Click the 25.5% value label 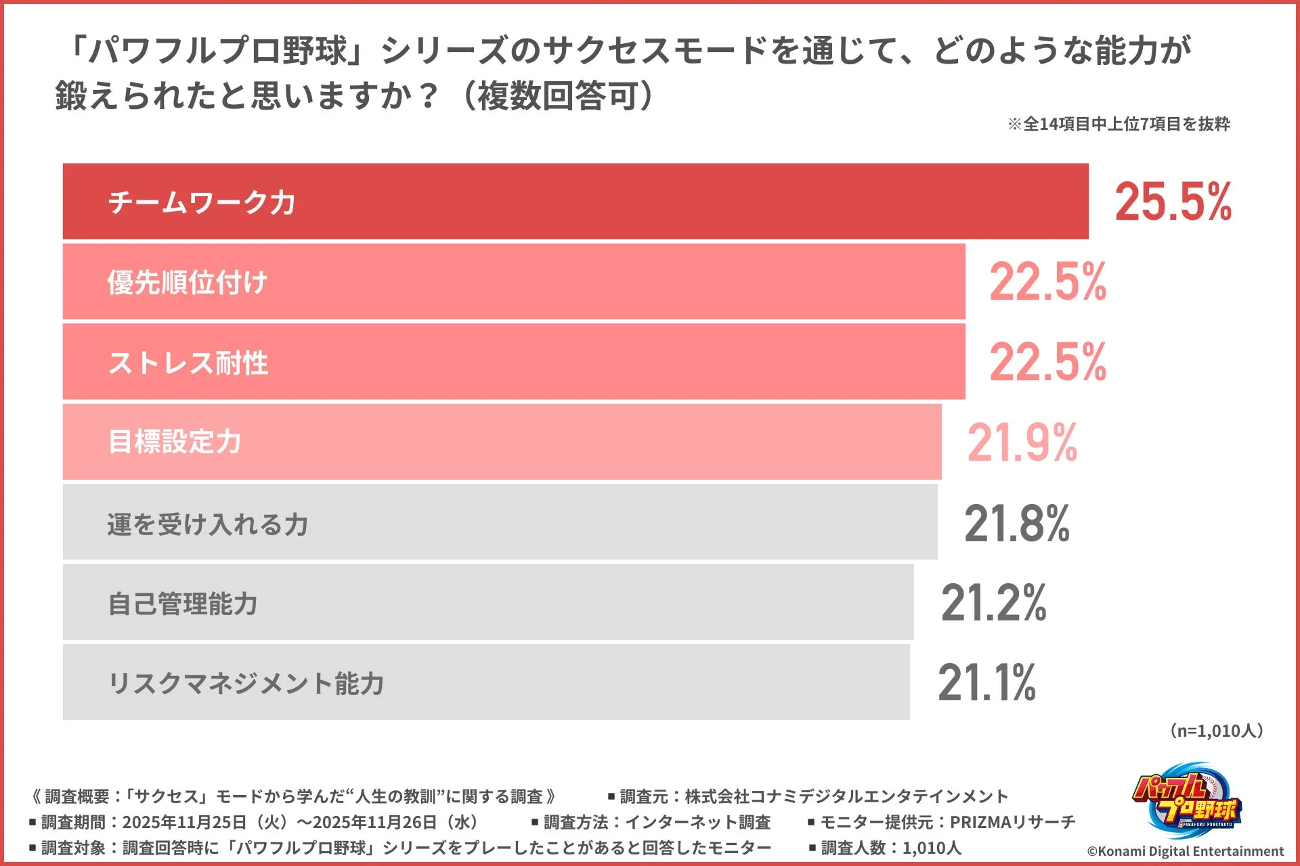pos(1173,202)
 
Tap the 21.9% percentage pos(1022,443)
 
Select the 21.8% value pos(1016,524)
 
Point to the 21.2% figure pos(993,603)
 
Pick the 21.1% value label pos(987,683)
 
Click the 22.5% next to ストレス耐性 pos(1047,362)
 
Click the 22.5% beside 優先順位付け pos(1047,282)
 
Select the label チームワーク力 pos(202,202)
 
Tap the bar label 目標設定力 pos(175,442)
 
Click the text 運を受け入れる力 pos(208,524)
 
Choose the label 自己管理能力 pos(183,603)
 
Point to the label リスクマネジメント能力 pos(246,683)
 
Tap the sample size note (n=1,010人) pos(1217,731)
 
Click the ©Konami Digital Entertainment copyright pos(1185,851)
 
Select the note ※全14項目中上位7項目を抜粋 pos(1119,124)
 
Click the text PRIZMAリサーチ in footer pos(1012,822)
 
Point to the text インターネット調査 pos(697,822)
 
